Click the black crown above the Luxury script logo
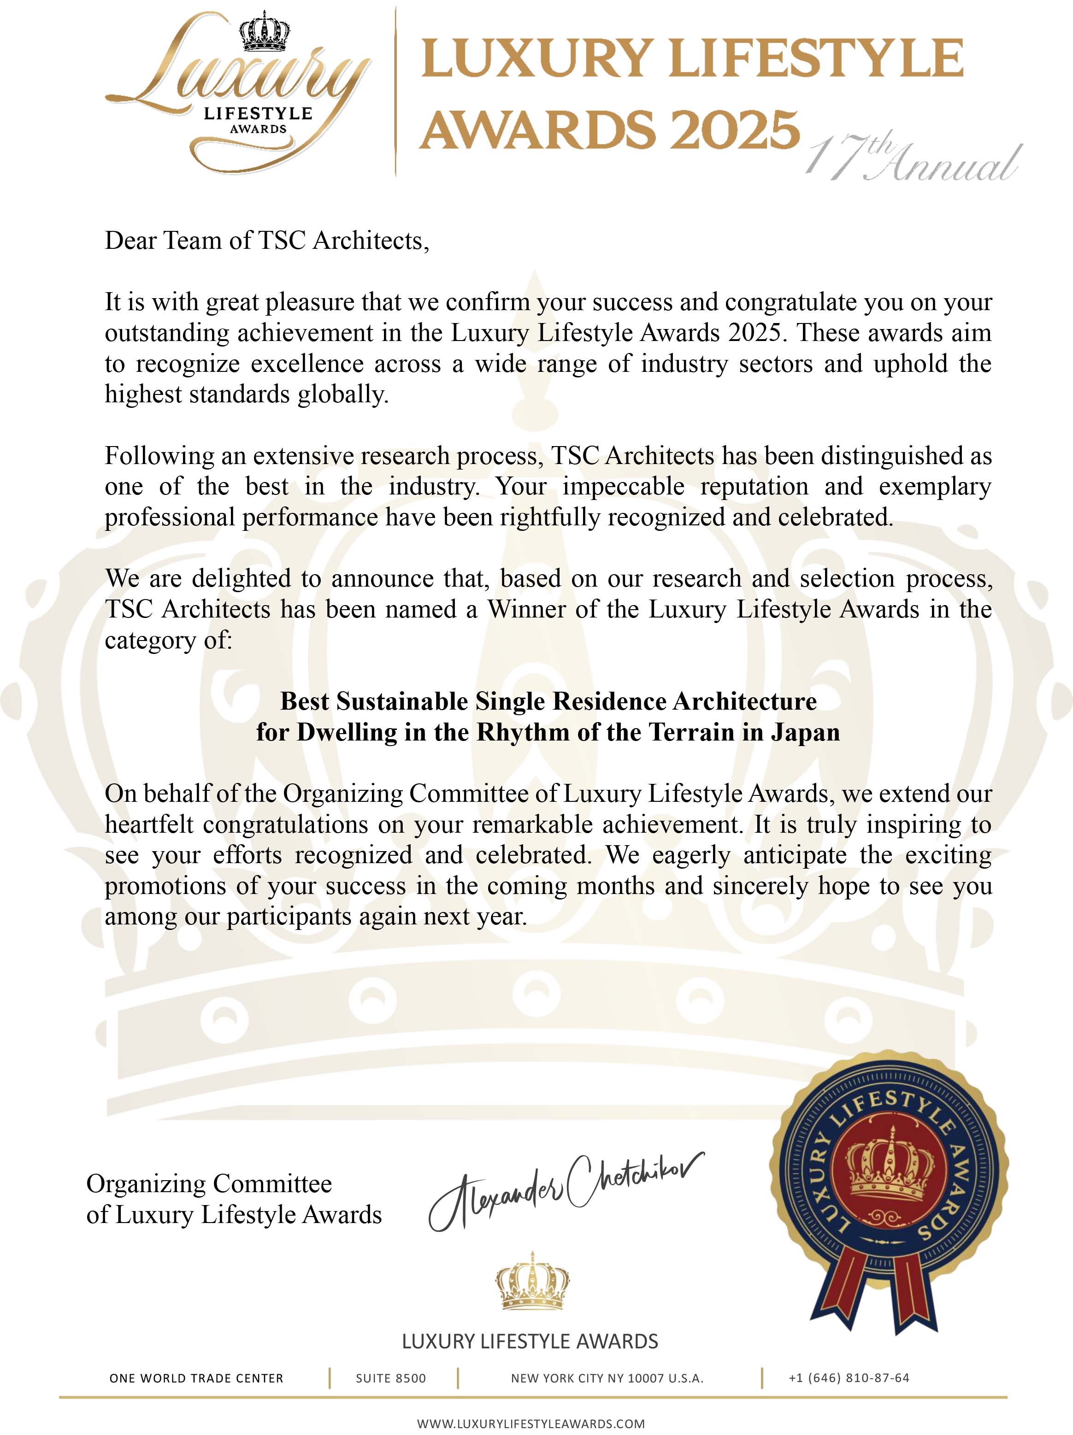point(264,32)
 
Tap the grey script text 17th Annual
point(912,159)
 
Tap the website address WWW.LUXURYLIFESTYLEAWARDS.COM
point(531,1424)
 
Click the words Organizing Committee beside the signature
point(209,1184)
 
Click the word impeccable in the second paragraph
point(623,487)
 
